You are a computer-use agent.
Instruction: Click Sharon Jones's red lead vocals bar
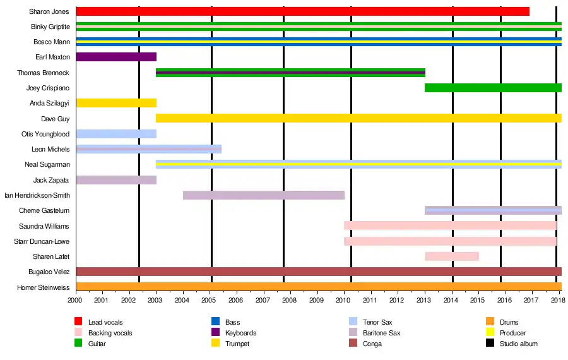click(x=302, y=11)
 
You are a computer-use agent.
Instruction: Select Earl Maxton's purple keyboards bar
click(x=115, y=57)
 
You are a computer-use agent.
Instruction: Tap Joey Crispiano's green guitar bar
click(x=493, y=88)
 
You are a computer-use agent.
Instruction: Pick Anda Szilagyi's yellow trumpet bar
click(x=115, y=103)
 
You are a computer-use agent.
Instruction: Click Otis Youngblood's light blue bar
click(x=115, y=134)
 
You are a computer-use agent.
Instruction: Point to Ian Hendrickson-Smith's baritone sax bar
click(x=263, y=195)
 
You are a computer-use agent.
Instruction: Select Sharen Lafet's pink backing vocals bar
click(x=451, y=256)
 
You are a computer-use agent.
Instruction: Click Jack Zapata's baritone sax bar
click(x=115, y=180)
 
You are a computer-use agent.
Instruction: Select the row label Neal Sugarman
click(x=52, y=165)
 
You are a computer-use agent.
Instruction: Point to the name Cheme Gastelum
click(x=44, y=211)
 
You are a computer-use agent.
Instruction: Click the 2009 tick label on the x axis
click(x=317, y=301)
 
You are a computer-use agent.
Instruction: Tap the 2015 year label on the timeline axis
click(x=477, y=301)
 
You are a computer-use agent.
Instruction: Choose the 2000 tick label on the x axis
click(x=76, y=301)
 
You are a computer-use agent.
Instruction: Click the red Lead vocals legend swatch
click(x=79, y=322)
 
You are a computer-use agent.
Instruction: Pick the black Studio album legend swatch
click(x=490, y=344)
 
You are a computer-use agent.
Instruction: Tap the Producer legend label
click(x=512, y=333)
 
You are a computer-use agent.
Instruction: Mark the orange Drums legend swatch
click(x=490, y=322)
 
